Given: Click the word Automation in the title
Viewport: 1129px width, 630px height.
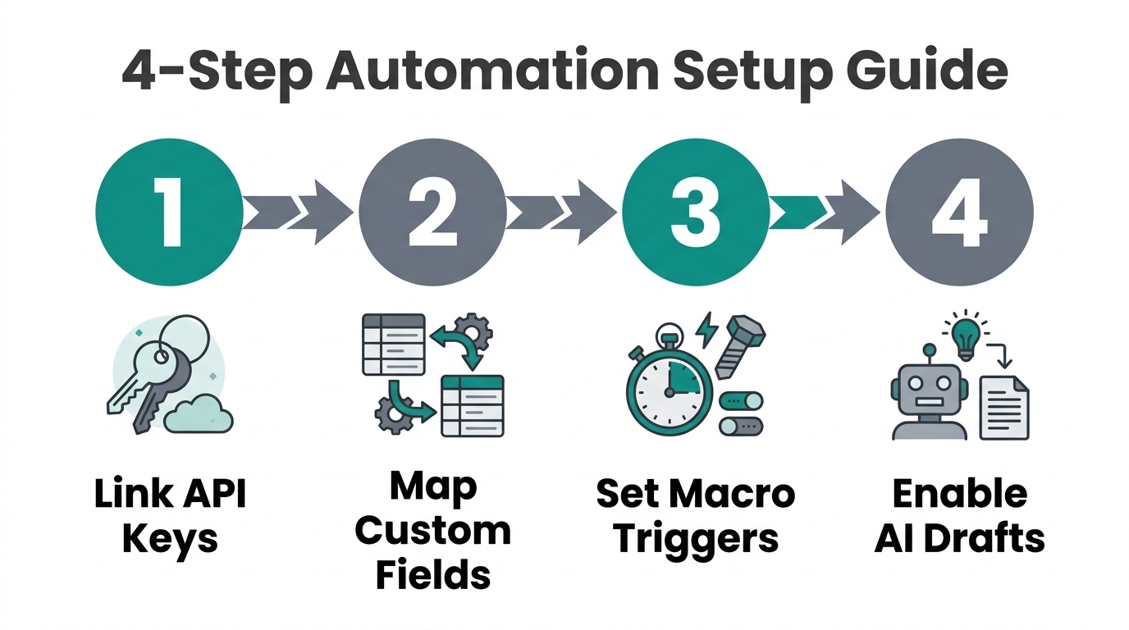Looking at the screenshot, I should pos(492,72).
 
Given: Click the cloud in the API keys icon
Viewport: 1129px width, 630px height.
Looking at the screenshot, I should pos(198,415).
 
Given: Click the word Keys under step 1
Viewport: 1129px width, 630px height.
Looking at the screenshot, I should pos(170,539).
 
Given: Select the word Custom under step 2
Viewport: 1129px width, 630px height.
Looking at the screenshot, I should pos(432,531).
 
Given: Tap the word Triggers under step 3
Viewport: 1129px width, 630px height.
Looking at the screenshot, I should pos(695,539).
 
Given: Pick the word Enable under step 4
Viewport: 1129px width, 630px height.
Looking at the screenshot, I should pos(959,495).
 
